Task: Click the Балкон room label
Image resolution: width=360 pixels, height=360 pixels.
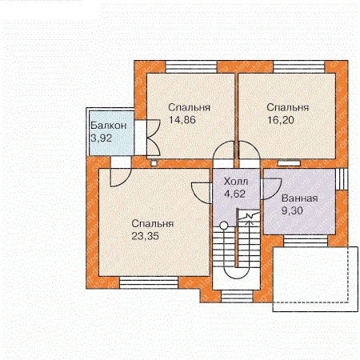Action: coord(109,126)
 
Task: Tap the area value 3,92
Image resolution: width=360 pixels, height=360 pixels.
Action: coord(101,138)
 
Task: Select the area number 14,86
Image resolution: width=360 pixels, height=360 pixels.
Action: coord(182,120)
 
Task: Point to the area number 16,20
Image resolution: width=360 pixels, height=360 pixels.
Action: coord(281,120)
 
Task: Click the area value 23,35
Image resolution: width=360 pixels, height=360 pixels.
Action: coord(146,236)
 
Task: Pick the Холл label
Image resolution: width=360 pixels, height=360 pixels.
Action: coord(236,182)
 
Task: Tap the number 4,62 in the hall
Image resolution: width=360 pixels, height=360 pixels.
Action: coord(234,194)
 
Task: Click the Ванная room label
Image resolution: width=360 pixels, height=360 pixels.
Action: coord(300,198)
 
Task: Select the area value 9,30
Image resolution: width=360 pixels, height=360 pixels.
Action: coord(292,211)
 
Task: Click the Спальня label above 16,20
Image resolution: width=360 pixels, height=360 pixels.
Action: coord(288,107)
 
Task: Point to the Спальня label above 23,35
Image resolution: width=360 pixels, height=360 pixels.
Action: coord(153,223)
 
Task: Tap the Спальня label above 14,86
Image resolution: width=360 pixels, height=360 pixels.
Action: coord(189,107)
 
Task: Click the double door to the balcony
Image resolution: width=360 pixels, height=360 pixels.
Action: coord(153,138)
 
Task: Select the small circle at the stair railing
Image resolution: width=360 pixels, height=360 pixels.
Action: coord(224,226)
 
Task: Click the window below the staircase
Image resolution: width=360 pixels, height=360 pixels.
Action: coord(237,297)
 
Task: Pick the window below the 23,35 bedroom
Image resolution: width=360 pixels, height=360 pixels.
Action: coord(149,282)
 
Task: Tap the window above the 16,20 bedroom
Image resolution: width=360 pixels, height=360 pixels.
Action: coord(299,66)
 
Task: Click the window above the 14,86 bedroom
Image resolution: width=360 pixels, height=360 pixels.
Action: coord(191,66)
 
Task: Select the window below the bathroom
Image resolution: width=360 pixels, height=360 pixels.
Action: coord(306,242)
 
